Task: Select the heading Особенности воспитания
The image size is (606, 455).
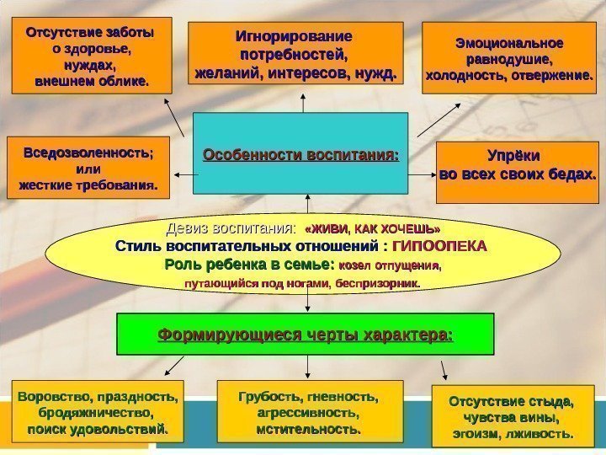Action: (300, 156)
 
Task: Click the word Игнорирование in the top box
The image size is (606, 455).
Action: (293, 37)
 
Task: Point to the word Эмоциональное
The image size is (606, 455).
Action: (510, 42)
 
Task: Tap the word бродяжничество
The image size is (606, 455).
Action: (96, 413)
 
